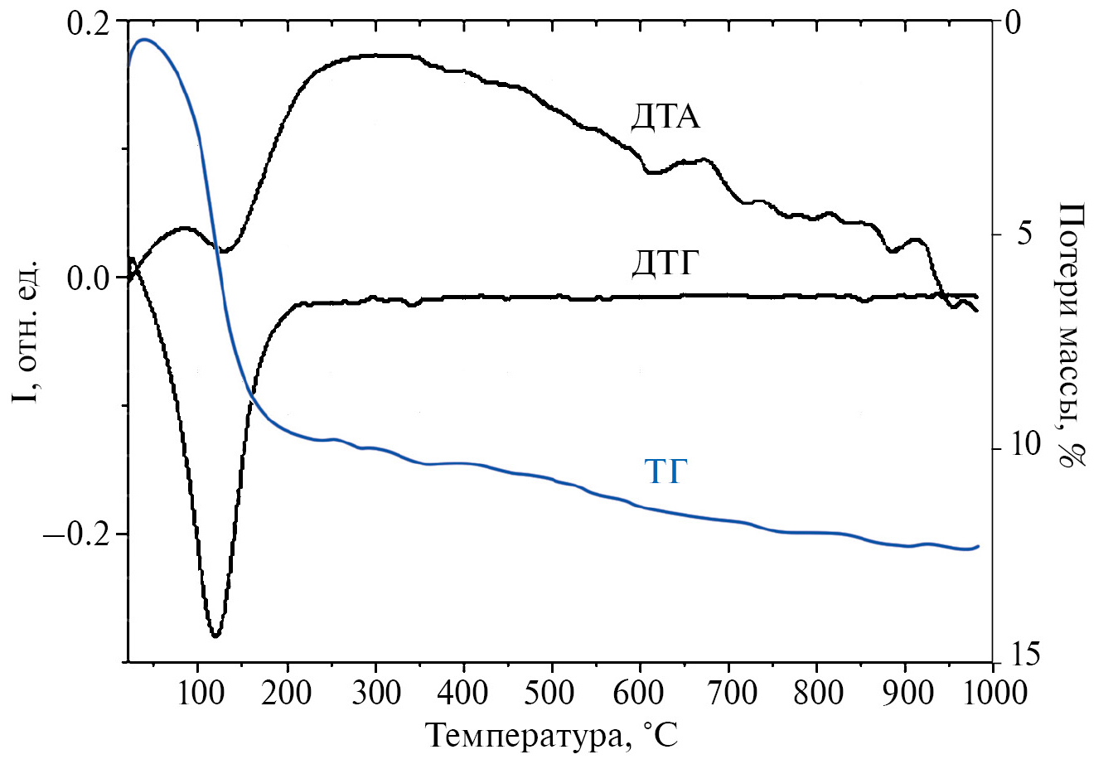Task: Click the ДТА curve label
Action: [665, 118]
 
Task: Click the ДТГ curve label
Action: [665, 264]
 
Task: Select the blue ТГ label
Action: [666, 472]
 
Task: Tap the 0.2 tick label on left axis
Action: [87, 24]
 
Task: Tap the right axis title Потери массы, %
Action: [1073, 336]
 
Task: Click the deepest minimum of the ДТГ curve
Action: [215, 636]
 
